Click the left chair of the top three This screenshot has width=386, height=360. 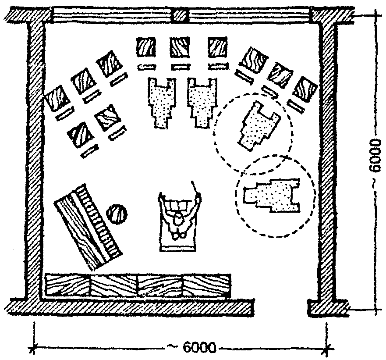pos(146,46)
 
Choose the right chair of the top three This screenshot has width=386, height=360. pos(218,47)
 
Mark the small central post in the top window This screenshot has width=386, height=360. pos(181,16)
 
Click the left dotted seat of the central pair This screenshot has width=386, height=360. pos(160,103)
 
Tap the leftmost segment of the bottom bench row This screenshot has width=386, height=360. pos(68,285)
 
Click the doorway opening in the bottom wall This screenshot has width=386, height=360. pos(281,305)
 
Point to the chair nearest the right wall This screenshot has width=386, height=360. pos(305,89)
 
